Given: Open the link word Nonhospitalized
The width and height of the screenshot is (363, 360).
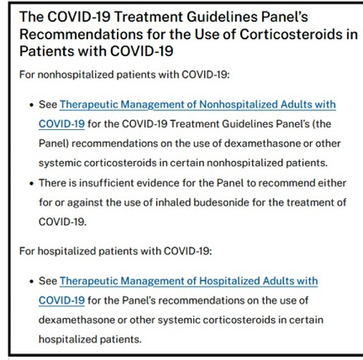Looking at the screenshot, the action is (238, 104).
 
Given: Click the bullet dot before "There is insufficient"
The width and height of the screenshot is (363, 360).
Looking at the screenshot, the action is (31, 184).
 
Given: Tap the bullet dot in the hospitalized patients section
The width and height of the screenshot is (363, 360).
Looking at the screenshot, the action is (31, 281).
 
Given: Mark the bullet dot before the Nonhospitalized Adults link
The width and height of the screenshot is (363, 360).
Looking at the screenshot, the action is (31, 105).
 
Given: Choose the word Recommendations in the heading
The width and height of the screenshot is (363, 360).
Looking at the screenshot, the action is (81, 34).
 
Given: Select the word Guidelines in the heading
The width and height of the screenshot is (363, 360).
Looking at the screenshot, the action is (222, 17).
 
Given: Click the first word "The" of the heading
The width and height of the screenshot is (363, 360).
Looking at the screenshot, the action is (31, 17).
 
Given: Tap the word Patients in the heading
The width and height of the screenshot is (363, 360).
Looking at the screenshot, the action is (46, 51).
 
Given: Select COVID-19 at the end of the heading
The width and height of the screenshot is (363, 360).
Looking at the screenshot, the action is (142, 51).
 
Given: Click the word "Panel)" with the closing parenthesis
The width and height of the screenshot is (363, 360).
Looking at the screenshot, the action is (54, 143).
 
